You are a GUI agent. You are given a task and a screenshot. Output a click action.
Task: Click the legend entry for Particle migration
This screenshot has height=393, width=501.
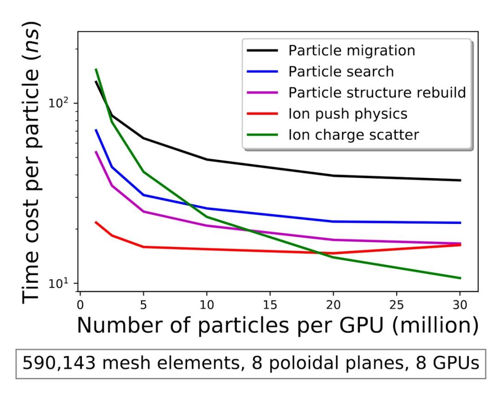pyautogui.click(x=352, y=50)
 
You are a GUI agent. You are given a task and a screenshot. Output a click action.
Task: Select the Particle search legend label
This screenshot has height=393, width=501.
pyautogui.click(x=341, y=71)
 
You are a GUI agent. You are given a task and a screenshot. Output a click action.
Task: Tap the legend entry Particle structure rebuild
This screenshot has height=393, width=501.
pyautogui.click(x=377, y=92)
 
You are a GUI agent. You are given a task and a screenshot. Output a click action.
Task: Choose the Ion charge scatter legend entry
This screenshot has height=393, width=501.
pyautogui.click(x=353, y=135)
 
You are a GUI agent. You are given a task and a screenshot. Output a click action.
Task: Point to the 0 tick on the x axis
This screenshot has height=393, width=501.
pyautogui.click(x=80, y=305)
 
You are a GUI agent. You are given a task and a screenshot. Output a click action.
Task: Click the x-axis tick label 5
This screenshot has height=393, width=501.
pyautogui.click(x=143, y=305)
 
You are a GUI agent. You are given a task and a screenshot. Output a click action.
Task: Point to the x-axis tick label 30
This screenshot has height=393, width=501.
pyautogui.click(x=460, y=305)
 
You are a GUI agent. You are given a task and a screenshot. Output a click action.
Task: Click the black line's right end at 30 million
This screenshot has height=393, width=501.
pyautogui.click(x=460, y=180)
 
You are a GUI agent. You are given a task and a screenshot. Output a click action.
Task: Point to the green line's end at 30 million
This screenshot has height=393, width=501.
pyautogui.click(x=460, y=278)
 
